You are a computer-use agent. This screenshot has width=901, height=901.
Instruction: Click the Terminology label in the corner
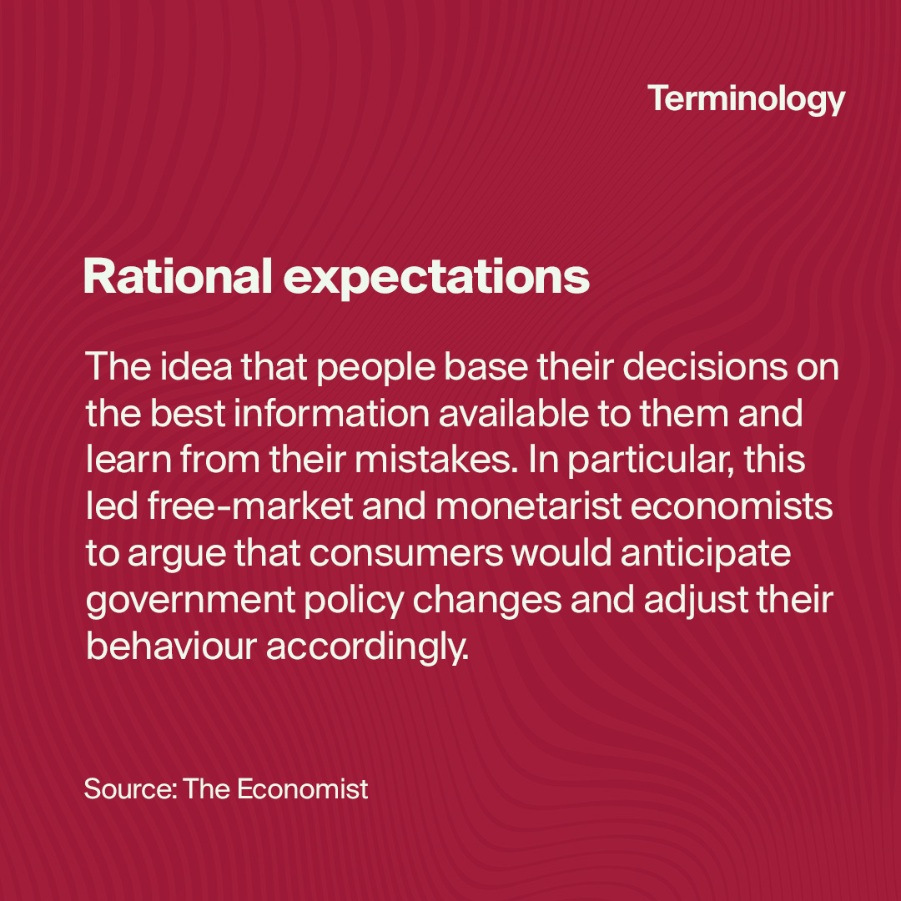click(746, 99)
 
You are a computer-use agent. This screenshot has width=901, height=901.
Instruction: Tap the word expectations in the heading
click(436, 279)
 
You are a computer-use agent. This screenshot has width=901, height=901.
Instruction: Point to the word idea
click(196, 365)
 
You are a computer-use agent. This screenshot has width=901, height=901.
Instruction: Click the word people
click(376, 369)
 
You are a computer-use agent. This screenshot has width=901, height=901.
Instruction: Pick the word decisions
click(705, 365)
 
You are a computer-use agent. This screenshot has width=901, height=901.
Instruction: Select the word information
click(331, 413)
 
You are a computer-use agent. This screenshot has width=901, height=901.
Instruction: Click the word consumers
click(406, 553)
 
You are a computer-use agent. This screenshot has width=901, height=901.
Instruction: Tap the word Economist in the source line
click(302, 788)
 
